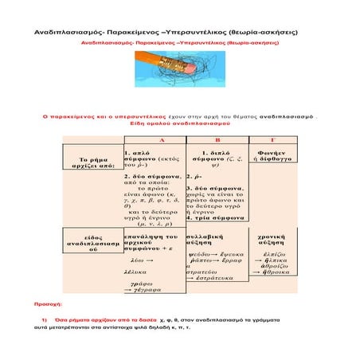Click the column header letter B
coord(215,139)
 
